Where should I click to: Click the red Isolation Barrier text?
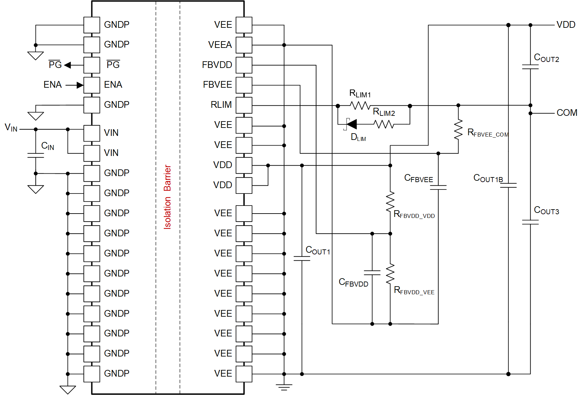pos(167,197)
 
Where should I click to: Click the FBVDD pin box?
pos(244,65)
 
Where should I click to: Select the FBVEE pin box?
pos(244,85)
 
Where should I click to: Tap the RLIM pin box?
pos(244,105)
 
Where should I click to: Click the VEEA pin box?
pos(244,45)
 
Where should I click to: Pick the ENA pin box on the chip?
pos(92,85)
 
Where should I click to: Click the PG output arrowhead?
pos(68,65)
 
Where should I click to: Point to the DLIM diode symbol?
pos(351,124)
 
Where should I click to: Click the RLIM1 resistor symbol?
pos(360,105)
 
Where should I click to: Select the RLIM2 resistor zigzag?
pos(384,124)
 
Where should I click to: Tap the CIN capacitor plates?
pos(36,155)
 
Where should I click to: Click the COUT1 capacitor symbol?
pos(302,258)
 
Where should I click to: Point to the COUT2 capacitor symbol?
pos(530,67)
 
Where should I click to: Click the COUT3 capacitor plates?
pos(530,222)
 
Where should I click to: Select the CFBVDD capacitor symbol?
pos(372,272)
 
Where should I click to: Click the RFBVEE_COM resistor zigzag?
pos(458,129)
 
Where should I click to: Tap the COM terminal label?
pos(567,113)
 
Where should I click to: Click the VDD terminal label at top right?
pos(566,25)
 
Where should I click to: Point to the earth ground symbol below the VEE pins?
pos(284,387)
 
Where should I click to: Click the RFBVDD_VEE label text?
pos(414,291)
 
